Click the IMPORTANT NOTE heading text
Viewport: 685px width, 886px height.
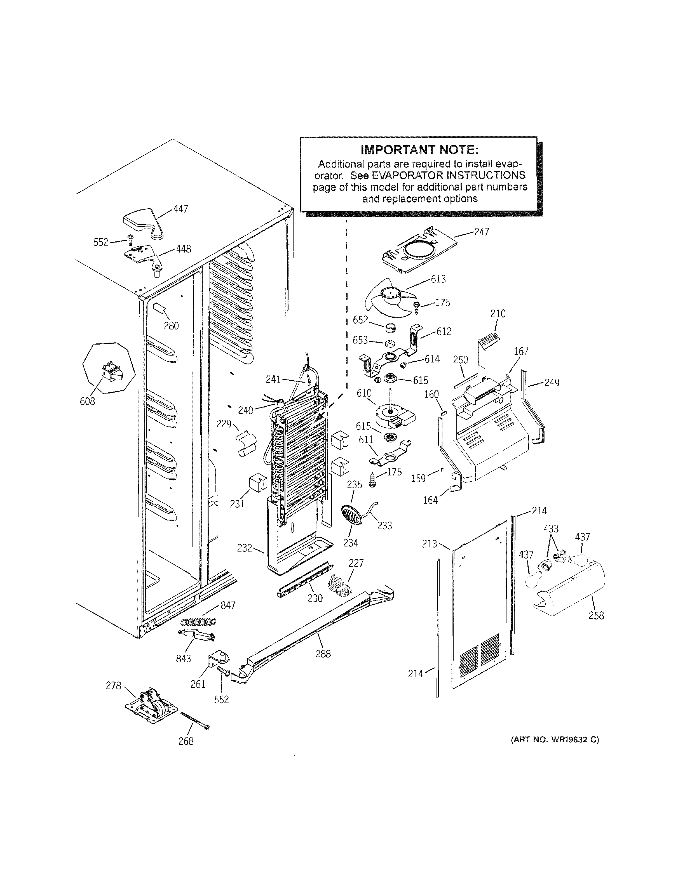click(420, 150)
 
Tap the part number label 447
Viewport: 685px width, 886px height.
click(180, 209)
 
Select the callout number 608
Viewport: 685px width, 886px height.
click(87, 401)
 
